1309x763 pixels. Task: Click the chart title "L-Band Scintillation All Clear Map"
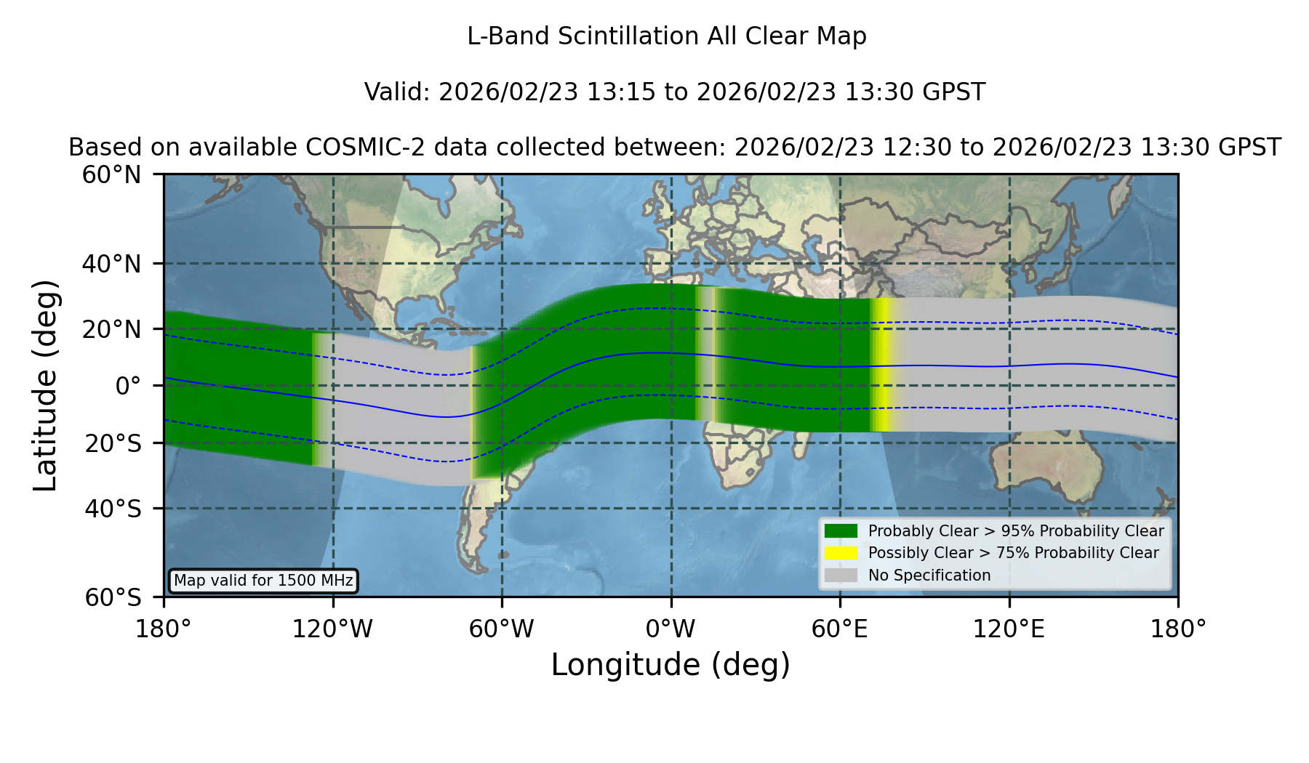[x=666, y=36]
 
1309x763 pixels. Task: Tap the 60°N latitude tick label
[x=111, y=175]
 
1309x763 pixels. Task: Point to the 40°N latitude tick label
[x=111, y=264]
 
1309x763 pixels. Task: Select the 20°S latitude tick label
[x=113, y=443]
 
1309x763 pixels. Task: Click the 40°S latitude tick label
[x=113, y=509]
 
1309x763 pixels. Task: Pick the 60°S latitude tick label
[x=113, y=597]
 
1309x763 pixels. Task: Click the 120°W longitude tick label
[x=332, y=629]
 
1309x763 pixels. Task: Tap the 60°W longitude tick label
[x=502, y=629]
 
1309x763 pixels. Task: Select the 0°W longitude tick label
[x=670, y=629]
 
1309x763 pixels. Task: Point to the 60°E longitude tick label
[x=840, y=629]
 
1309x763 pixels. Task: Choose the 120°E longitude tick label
[x=1009, y=629]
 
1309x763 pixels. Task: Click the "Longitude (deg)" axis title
[x=670, y=665]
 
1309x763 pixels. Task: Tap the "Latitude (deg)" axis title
[x=45, y=385]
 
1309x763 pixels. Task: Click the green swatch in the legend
[x=841, y=531]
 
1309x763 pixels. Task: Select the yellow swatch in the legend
[x=841, y=553]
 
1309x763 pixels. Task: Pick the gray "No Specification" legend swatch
[x=841, y=576]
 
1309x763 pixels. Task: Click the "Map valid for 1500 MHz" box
[x=263, y=581]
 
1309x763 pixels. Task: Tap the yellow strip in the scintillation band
[x=881, y=365]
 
